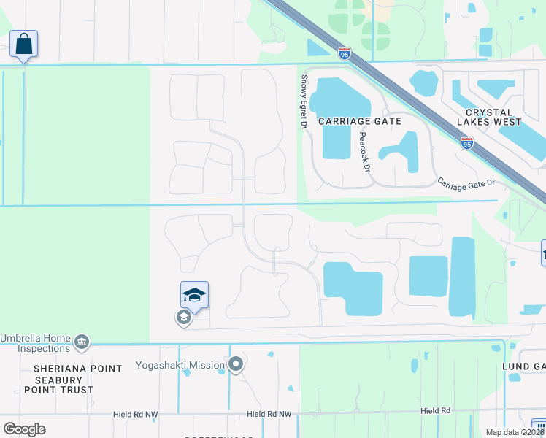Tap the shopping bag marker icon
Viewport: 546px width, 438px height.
pyautogui.click(x=24, y=44)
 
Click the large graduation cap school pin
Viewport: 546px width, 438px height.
pyautogui.click(x=194, y=295)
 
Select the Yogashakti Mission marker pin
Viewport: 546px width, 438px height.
pyautogui.click(x=235, y=364)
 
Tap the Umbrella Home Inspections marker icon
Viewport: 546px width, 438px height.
pyautogui.click(x=82, y=341)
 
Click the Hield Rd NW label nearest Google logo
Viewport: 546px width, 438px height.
pyautogui.click(x=135, y=414)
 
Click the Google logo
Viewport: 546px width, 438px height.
pyautogui.click(x=25, y=429)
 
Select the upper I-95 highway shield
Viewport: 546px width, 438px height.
pyautogui.click(x=345, y=53)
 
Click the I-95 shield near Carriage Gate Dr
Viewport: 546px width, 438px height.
pyautogui.click(x=467, y=143)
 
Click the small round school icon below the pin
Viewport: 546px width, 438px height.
pyautogui.click(x=182, y=318)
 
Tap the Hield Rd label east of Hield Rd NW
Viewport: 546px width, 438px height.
pyautogui.click(x=436, y=411)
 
